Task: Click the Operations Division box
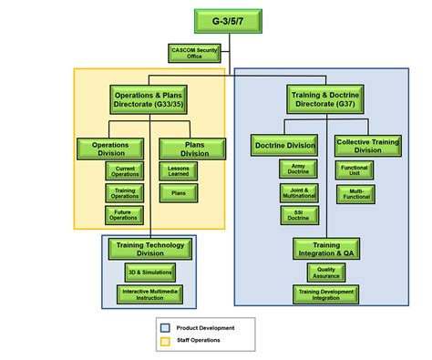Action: click(110, 148)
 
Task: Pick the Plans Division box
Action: click(188, 148)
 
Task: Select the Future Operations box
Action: click(126, 214)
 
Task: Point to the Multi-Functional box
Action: click(356, 192)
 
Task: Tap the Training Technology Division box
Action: click(151, 249)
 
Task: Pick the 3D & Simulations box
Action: click(149, 272)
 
